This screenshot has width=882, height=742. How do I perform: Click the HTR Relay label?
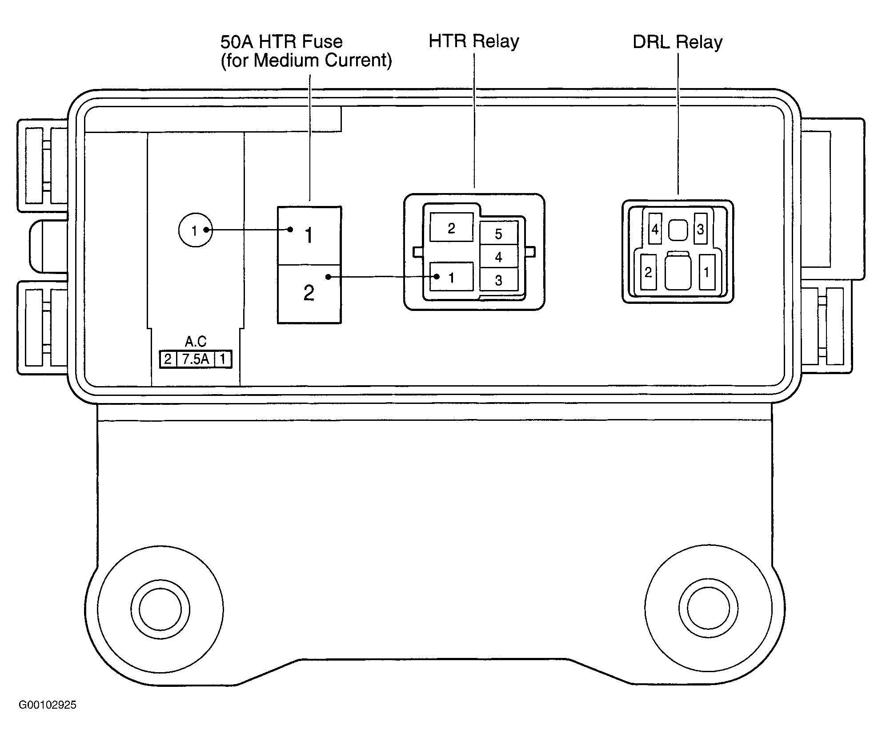474,41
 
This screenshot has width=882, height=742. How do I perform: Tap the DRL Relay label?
678,42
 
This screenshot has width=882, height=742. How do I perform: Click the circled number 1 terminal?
196,230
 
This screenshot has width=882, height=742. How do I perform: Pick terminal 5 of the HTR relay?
499,233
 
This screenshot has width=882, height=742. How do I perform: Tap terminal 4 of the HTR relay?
499,257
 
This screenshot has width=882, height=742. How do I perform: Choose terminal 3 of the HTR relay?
499,280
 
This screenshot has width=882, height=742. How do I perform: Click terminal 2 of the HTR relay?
452,227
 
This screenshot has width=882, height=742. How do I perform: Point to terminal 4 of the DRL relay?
655,229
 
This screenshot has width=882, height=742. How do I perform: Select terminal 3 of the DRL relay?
701,229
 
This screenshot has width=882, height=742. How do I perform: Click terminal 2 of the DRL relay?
648,272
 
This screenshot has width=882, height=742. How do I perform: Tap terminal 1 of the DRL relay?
707,272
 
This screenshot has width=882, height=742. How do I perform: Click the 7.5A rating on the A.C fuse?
196,359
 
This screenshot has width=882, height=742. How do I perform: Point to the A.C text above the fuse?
196,341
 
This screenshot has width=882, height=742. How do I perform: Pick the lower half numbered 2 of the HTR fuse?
309,294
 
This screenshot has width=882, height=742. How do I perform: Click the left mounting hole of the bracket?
160,609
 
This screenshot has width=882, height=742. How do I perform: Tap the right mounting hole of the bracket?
708,608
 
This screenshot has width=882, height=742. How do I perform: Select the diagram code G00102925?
48,705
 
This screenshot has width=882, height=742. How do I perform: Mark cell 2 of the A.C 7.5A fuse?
168,359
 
